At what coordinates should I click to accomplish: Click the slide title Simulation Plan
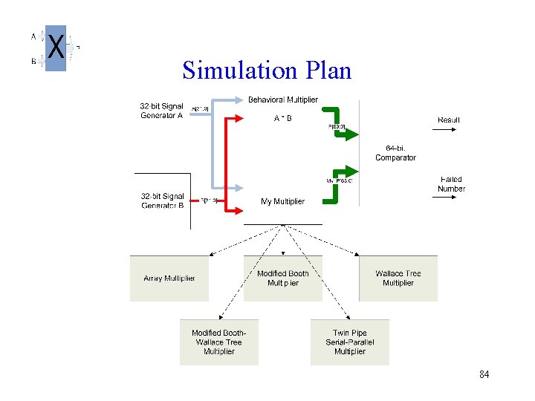pos(267,70)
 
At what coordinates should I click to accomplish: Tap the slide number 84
pos(484,375)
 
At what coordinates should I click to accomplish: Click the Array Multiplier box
pos(169,278)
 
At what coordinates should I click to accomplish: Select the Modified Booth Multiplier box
pos(282,278)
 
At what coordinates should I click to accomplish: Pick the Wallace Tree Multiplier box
pos(398,278)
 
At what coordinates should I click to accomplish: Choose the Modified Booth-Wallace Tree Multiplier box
pos(218,342)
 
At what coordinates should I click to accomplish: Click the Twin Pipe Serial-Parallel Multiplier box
pos(349,342)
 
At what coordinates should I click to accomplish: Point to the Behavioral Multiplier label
pos(282,100)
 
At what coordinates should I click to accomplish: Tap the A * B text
pos(282,117)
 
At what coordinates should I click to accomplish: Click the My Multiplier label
pos(282,201)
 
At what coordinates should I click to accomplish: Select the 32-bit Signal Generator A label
pos(161,111)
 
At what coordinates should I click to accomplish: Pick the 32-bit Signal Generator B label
pos(163,200)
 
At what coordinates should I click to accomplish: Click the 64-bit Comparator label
pos(395,152)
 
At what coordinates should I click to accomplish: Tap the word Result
pos(449,120)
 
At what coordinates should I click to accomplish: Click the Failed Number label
pos(451,184)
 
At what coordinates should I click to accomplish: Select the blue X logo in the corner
pos(56,48)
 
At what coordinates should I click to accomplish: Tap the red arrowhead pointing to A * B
pos(236,117)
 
